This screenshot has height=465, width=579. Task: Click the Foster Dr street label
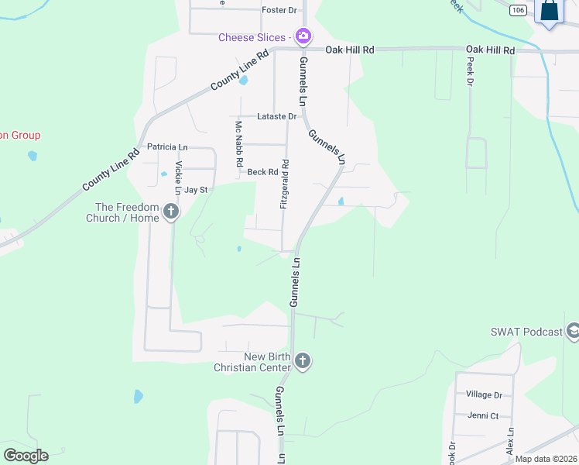tap(279, 10)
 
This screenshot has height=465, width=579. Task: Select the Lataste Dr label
tap(277, 116)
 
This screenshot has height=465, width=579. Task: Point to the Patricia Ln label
tap(167, 146)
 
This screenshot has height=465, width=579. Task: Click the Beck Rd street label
tap(262, 172)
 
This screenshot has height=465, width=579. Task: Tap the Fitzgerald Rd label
tap(285, 184)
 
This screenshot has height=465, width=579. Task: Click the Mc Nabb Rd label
tap(239, 145)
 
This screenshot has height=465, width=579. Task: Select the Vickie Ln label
tap(179, 177)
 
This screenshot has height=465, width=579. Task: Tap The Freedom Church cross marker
tap(171, 212)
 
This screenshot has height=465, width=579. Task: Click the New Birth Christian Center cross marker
tap(303, 361)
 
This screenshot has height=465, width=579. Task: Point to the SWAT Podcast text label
tap(526, 332)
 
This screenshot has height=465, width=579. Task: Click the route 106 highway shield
tap(519, 10)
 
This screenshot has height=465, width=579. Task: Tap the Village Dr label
tap(484, 394)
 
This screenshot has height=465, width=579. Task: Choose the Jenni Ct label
tap(483, 415)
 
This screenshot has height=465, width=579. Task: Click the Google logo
tap(26, 456)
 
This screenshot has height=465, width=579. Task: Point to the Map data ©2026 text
tap(546, 459)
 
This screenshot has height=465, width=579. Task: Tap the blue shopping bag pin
tap(549, 12)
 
